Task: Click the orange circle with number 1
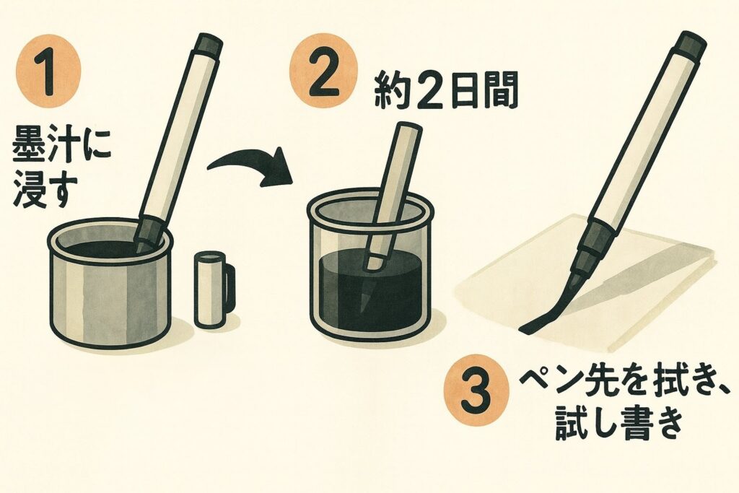(x=48, y=72)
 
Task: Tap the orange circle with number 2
(x=322, y=71)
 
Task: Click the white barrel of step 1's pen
(x=180, y=136)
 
